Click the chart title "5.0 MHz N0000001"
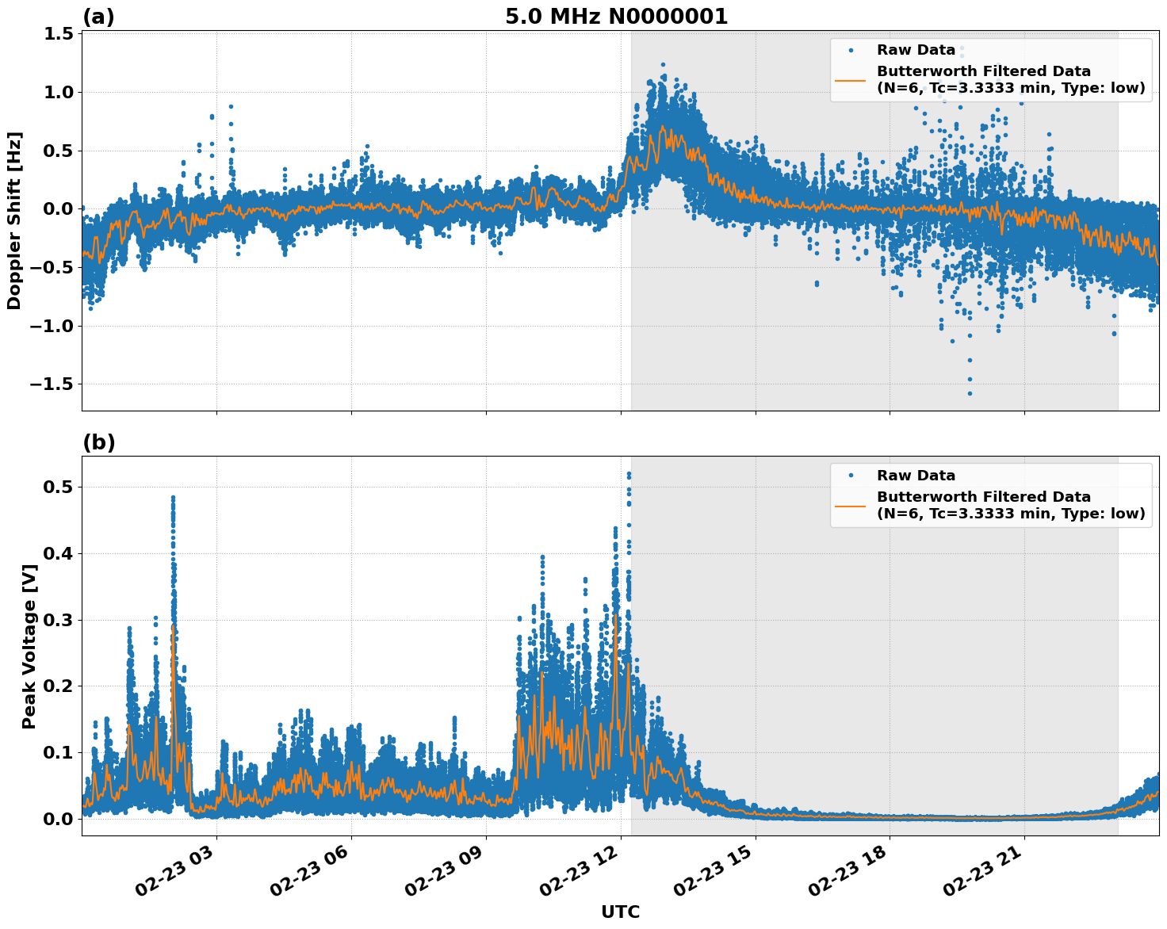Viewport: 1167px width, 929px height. pos(616,17)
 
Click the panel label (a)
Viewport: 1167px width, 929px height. pos(98,17)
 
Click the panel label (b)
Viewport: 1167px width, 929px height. pos(98,442)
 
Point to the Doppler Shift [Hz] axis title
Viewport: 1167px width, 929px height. pos(14,220)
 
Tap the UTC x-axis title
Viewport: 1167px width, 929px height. pos(620,912)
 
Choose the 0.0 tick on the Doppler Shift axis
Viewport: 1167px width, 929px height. pos(55,208)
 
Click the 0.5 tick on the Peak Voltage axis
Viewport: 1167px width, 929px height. pos(55,487)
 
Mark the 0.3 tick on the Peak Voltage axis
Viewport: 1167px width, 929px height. pos(55,620)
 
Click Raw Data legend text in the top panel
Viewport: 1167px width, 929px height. pos(916,50)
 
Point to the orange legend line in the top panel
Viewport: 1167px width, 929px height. pos(851,80)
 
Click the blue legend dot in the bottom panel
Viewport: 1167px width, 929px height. pos(851,476)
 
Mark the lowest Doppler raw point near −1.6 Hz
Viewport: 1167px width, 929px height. pos(969,393)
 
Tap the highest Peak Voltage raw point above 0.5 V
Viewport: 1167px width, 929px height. pos(629,474)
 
